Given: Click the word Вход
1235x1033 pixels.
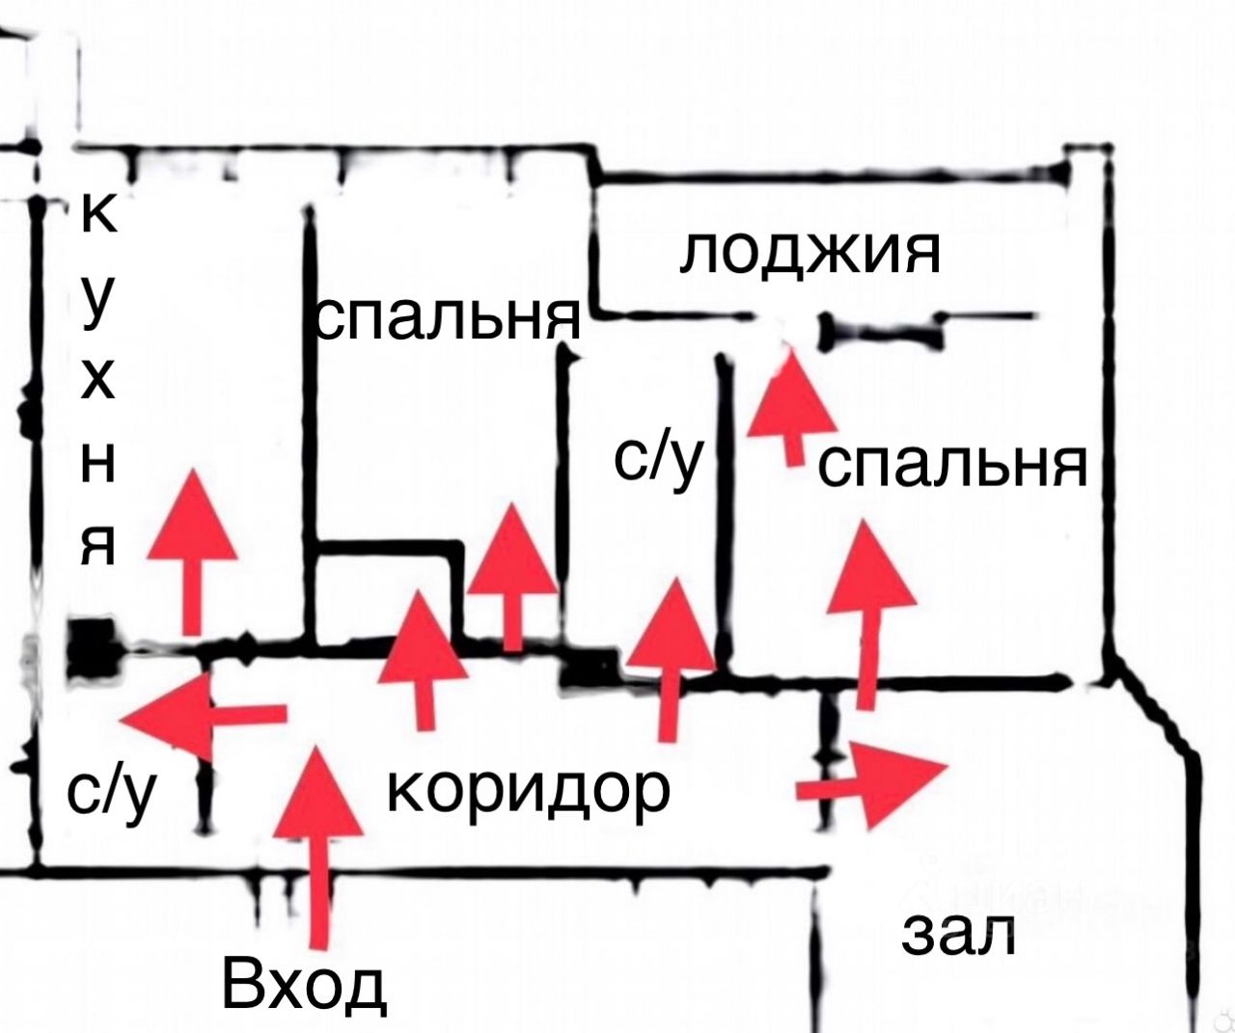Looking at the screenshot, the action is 304,986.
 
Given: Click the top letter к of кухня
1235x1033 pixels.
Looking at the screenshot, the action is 98,214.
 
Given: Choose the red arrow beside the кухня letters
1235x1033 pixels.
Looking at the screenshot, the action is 193,550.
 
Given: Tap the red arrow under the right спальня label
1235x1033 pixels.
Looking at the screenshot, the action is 868,608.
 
